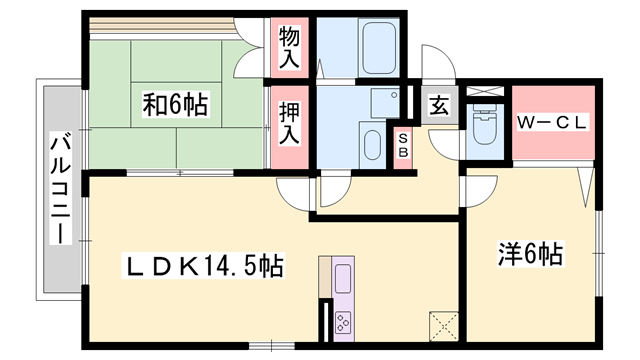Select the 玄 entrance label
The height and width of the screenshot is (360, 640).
438,105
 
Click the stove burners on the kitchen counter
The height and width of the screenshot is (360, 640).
343,322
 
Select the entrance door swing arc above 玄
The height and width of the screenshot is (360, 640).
438,63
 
